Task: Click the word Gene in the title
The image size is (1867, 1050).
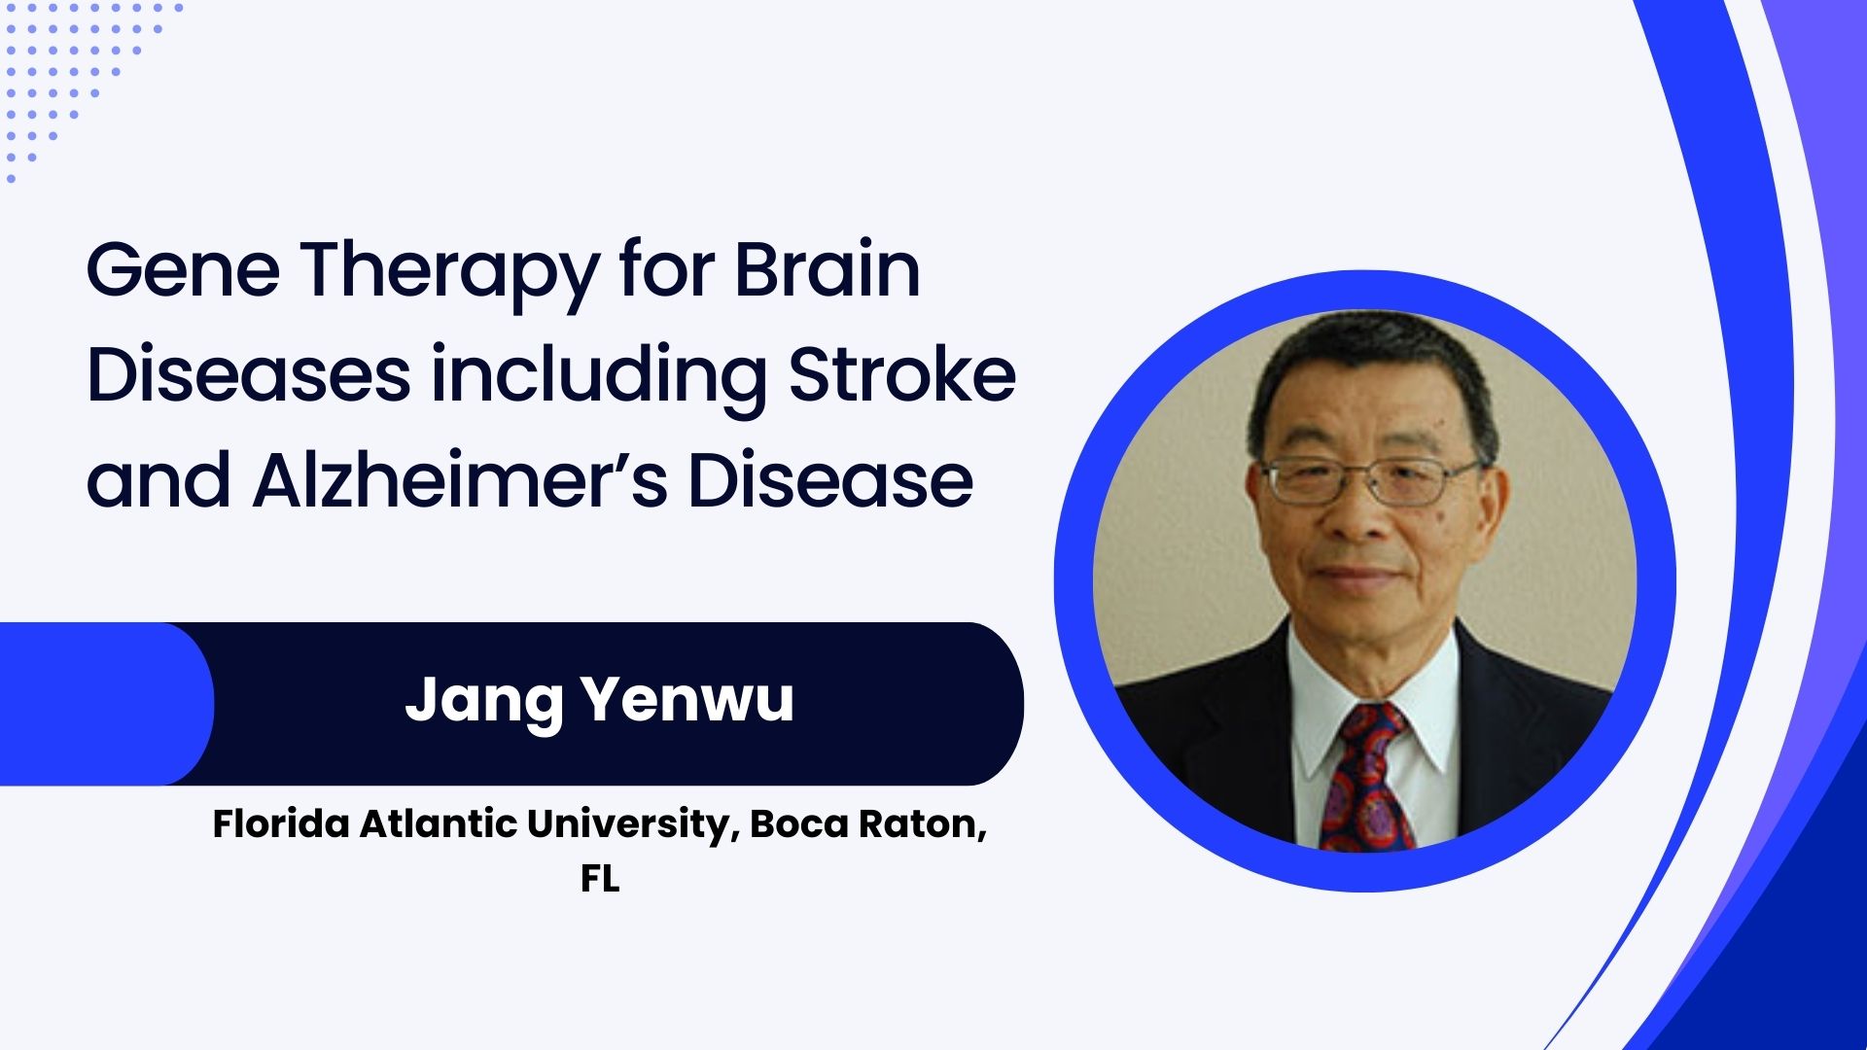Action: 184,271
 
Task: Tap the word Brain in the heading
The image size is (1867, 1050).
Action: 828,269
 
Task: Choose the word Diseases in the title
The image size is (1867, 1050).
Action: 249,374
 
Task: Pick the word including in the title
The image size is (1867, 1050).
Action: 599,379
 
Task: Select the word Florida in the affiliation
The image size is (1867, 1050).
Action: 281,823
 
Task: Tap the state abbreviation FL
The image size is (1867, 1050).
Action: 600,879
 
